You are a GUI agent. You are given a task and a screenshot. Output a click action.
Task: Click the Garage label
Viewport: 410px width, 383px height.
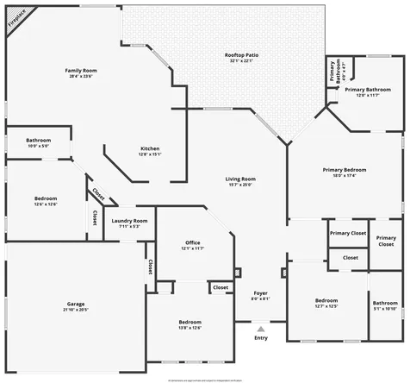point(76,304)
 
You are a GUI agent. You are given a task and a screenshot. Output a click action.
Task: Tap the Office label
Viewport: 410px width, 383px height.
point(192,245)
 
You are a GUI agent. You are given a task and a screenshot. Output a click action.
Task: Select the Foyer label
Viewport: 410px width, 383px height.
point(260,296)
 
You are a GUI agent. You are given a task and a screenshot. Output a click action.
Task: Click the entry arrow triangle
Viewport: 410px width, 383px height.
point(261,328)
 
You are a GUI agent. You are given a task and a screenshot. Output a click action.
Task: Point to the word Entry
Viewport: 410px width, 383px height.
point(261,337)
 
